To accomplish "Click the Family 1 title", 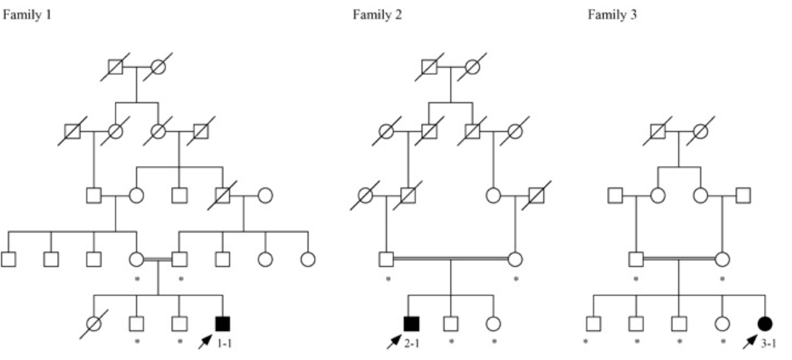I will pyautogui.click(x=27, y=15).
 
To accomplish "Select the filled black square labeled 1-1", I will pyautogui.click(x=222, y=323).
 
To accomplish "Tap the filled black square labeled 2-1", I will pyautogui.click(x=411, y=323).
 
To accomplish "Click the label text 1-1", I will pyautogui.click(x=226, y=342).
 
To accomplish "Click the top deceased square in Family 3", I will pyautogui.click(x=659, y=132).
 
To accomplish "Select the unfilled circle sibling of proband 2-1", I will pyautogui.click(x=493, y=323).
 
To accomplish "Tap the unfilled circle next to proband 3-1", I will pyautogui.click(x=722, y=323).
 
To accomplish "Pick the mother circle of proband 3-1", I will pyautogui.click(x=722, y=260).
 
